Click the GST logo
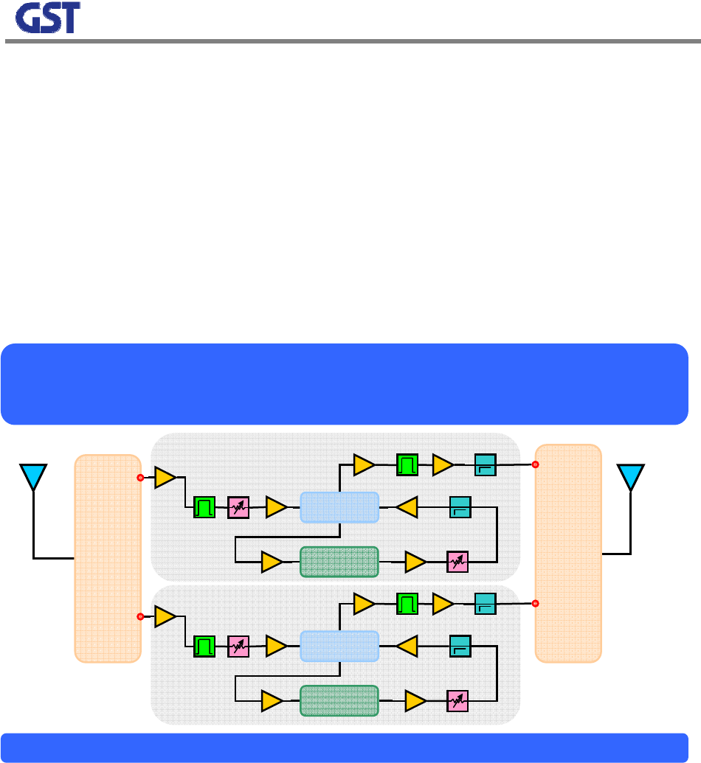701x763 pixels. coord(47,20)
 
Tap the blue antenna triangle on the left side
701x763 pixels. coord(33,475)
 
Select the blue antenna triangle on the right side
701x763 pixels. coord(631,475)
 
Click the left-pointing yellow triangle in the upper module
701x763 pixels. coord(407,507)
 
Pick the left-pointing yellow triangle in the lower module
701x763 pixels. coord(407,647)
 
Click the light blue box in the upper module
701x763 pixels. coord(339,507)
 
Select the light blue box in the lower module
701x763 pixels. coord(339,647)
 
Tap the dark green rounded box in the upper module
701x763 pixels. coord(339,562)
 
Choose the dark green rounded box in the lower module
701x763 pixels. coord(339,700)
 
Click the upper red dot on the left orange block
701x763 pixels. coord(140,478)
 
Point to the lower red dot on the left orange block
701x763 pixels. coord(140,616)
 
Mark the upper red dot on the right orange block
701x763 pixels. coord(536,465)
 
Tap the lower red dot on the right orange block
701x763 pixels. coord(536,604)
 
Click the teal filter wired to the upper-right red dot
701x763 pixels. coord(485,465)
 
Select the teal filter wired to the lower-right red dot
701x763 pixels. coord(485,604)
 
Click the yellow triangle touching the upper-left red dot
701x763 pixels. coord(165,478)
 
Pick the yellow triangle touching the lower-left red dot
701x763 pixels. coord(165,616)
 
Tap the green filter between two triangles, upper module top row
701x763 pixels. coord(407,465)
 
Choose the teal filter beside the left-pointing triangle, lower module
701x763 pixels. coord(460,647)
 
